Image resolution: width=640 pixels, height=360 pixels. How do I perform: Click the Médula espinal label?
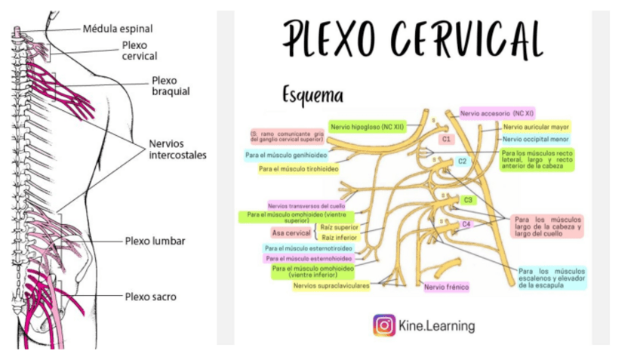[x=117, y=29]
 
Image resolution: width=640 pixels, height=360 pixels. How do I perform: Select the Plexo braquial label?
[x=170, y=85]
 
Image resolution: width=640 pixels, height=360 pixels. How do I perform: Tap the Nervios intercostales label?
[x=177, y=149]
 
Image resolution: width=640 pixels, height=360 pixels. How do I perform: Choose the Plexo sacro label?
[x=150, y=297]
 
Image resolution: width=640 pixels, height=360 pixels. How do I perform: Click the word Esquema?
[x=312, y=96]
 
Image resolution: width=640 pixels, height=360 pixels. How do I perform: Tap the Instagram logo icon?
[x=384, y=326]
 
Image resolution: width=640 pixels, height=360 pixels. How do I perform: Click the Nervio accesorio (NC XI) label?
[x=497, y=114]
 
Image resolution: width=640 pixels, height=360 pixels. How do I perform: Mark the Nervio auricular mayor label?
[x=536, y=127]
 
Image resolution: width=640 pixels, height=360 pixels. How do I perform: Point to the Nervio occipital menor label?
[x=536, y=139]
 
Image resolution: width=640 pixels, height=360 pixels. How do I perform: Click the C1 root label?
[x=446, y=140]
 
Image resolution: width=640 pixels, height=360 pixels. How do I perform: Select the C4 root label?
[x=466, y=224]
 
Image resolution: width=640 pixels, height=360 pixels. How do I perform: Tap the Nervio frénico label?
[x=446, y=287]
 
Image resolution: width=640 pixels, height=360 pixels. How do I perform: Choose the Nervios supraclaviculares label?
[x=331, y=285]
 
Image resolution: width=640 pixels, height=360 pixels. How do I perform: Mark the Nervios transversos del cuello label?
[x=306, y=205]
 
